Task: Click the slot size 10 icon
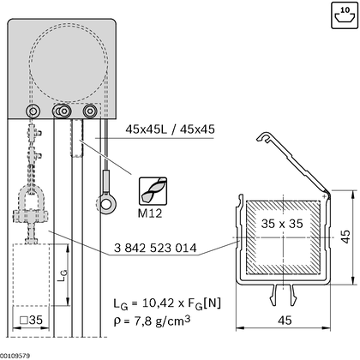345,15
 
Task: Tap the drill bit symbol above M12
153,191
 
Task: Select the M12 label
150,213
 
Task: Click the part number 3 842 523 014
155,248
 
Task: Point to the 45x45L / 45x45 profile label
170,129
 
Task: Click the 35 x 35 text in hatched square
282,224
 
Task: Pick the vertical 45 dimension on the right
345,237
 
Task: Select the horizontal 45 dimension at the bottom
285,321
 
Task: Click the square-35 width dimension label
32,320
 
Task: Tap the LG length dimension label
63,275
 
